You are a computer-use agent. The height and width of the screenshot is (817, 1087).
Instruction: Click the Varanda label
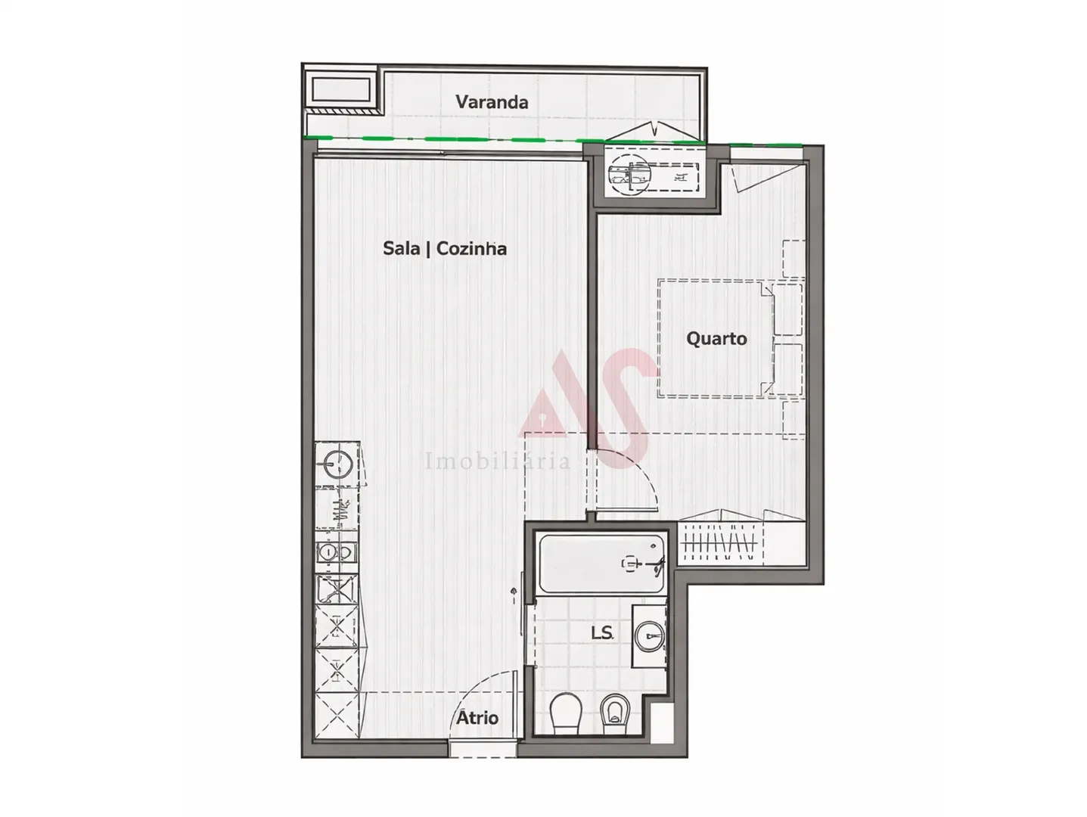(492, 102)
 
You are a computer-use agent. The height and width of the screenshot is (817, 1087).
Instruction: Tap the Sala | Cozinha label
(445, 248)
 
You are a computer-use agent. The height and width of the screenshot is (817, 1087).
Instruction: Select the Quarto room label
(716, 338)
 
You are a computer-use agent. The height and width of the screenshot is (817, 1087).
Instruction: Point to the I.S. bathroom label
(602, 632)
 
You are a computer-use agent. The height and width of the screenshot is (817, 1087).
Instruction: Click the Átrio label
(477, 717)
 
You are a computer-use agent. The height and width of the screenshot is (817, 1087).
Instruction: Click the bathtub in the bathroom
(601, 563)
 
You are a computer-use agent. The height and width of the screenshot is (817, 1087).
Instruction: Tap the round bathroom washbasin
(649, 635)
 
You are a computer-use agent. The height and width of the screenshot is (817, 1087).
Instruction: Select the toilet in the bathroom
(564, 713)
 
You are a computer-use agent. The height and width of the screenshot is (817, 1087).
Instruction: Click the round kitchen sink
(336, 462)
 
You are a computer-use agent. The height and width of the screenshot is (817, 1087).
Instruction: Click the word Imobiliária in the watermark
(498, 461)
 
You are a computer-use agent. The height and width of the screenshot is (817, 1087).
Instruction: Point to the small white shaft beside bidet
(661, 722)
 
